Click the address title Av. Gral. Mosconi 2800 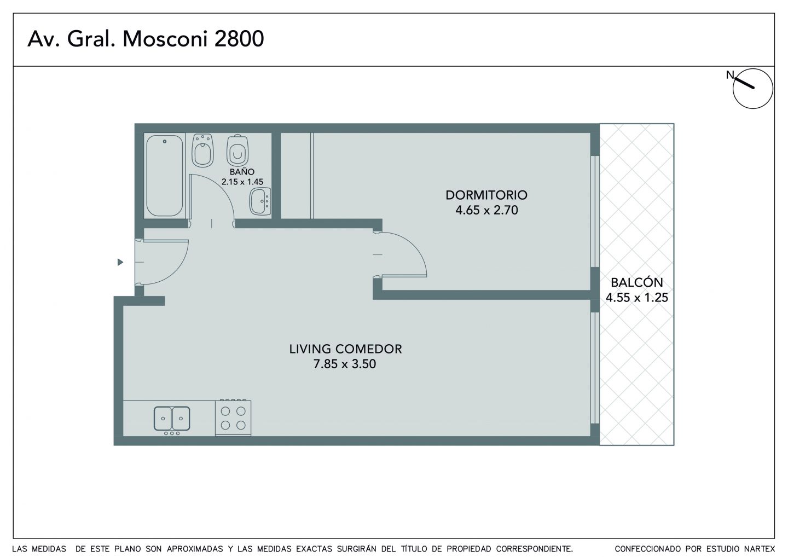[x=146, y=39]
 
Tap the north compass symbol [x=752, y=88]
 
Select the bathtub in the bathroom [x=164, y=176]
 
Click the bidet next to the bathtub [x=203, y=150]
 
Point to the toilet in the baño [x=237, y=150]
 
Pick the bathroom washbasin [x=260, y=201]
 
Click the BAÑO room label [x=242, y=172]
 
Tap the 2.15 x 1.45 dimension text [x=242, y=182]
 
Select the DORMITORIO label [x=486, y=195]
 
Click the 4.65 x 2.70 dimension [x=486, y=210]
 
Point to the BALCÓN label [x=637, y=282]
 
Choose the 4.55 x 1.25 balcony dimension [x=637, y=298]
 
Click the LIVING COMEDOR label [x=345, y=349]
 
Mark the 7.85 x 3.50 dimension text [x=345, y=364]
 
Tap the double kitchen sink [x=172, y=419]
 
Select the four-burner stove [x=233, y=417]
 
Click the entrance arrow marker [x=120, y=262]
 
